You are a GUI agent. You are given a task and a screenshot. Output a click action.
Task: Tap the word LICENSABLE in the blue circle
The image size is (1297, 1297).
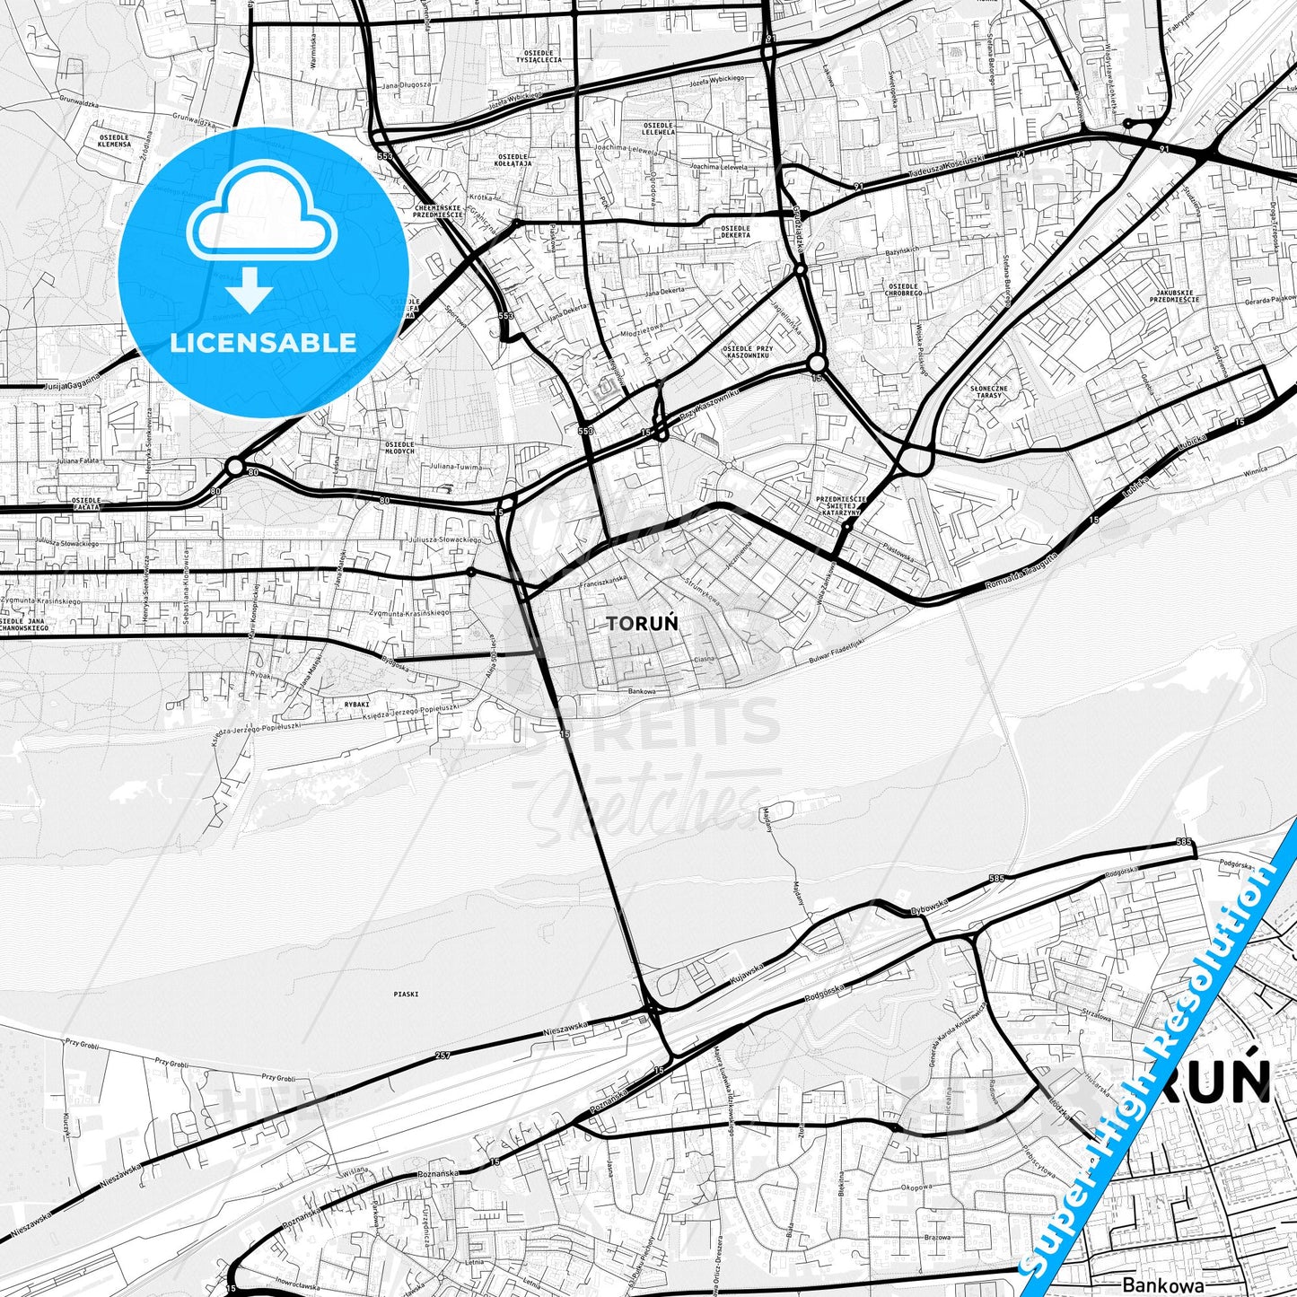[x=264, y=342]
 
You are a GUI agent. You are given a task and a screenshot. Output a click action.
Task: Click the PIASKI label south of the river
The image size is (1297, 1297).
[x=406, y=994]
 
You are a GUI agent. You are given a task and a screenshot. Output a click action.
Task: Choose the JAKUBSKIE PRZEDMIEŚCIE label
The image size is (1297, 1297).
[x=1178, y=296]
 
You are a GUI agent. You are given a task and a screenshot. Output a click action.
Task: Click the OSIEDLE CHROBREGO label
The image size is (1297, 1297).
[x=904, y=290]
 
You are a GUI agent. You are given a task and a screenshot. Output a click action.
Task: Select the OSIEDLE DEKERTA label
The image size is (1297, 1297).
[x=735, y=232]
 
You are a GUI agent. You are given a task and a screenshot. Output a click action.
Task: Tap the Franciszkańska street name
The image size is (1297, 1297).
[x=602, y=582]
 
